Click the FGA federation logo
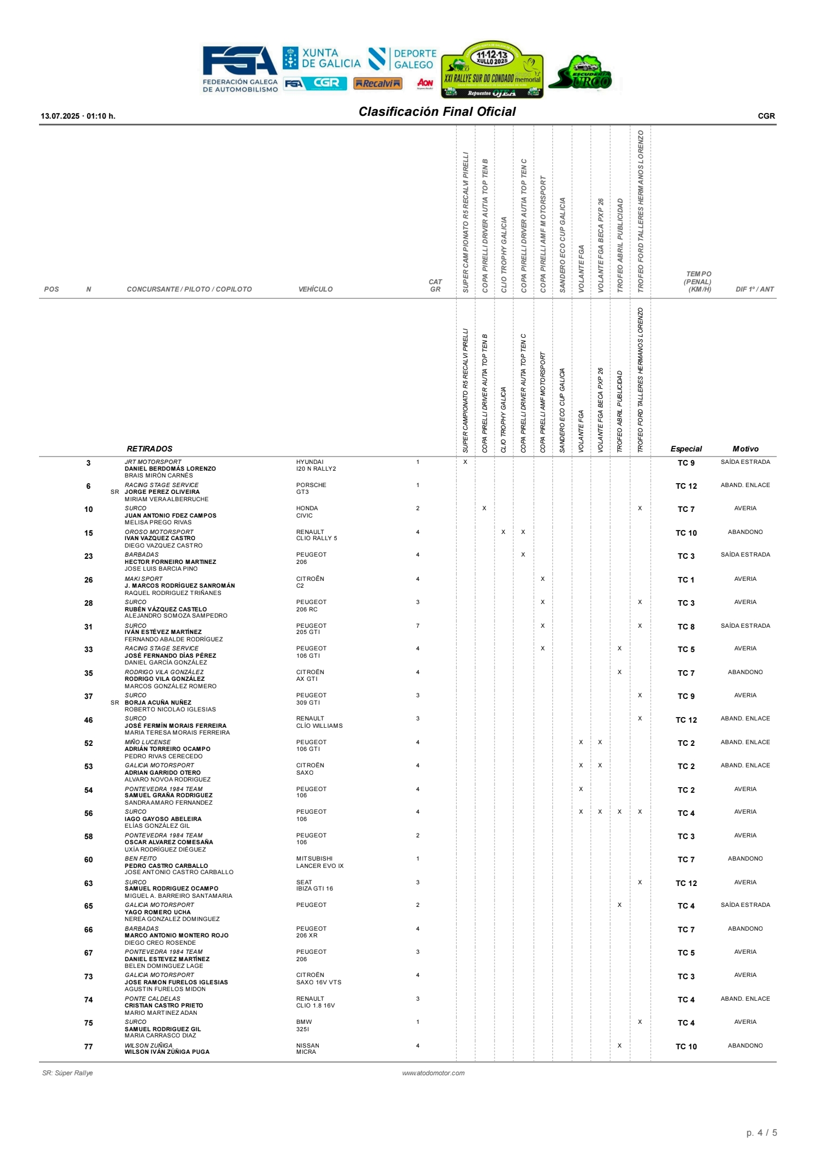tap(240, 68)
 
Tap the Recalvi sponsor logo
tap(378, 84)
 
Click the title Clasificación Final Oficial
tap(437, 112)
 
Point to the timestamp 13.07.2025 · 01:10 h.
tap(78, 116)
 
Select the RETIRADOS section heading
tap(149, 449)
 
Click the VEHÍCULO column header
tap(315, 289)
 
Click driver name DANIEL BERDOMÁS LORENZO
tap(170, 469)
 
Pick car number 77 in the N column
tap(88, 1046)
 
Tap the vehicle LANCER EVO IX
tap(319, 866)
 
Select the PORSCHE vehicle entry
tap(311, 485)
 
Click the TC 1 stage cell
tap(686, 580)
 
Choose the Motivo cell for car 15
tap(745, 532)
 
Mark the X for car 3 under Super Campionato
tap(465, 462)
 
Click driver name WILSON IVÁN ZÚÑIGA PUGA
tap(167, 1052)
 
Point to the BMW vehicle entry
tap(304, 1022)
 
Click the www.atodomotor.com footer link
tap(433, 1073)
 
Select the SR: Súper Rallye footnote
tap(67, 1073)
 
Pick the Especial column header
tap(686, 449)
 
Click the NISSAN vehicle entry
tap(308, 1045)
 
